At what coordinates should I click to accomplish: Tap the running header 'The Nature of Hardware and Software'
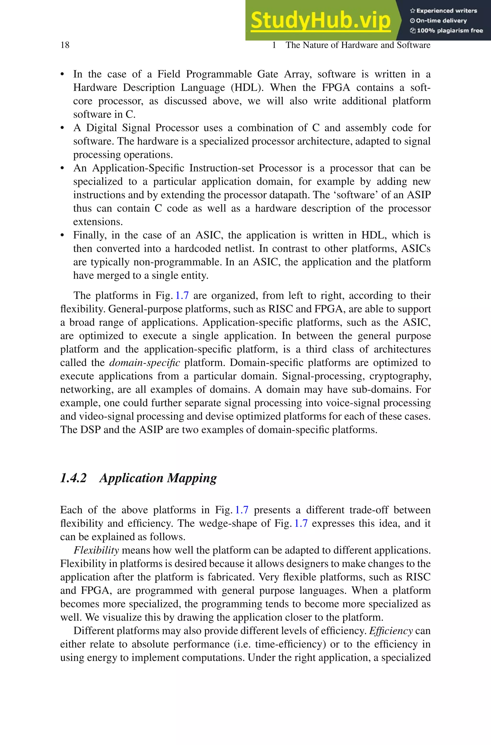358,45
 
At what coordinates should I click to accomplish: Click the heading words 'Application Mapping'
158,478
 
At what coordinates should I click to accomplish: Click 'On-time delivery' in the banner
441,21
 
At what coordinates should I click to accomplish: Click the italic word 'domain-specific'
144,363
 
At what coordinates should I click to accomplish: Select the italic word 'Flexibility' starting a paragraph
96,550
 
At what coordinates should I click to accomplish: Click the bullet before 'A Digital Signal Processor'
62,128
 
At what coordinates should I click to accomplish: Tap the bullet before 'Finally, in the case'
62,236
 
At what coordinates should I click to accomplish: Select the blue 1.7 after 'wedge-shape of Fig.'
301,524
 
